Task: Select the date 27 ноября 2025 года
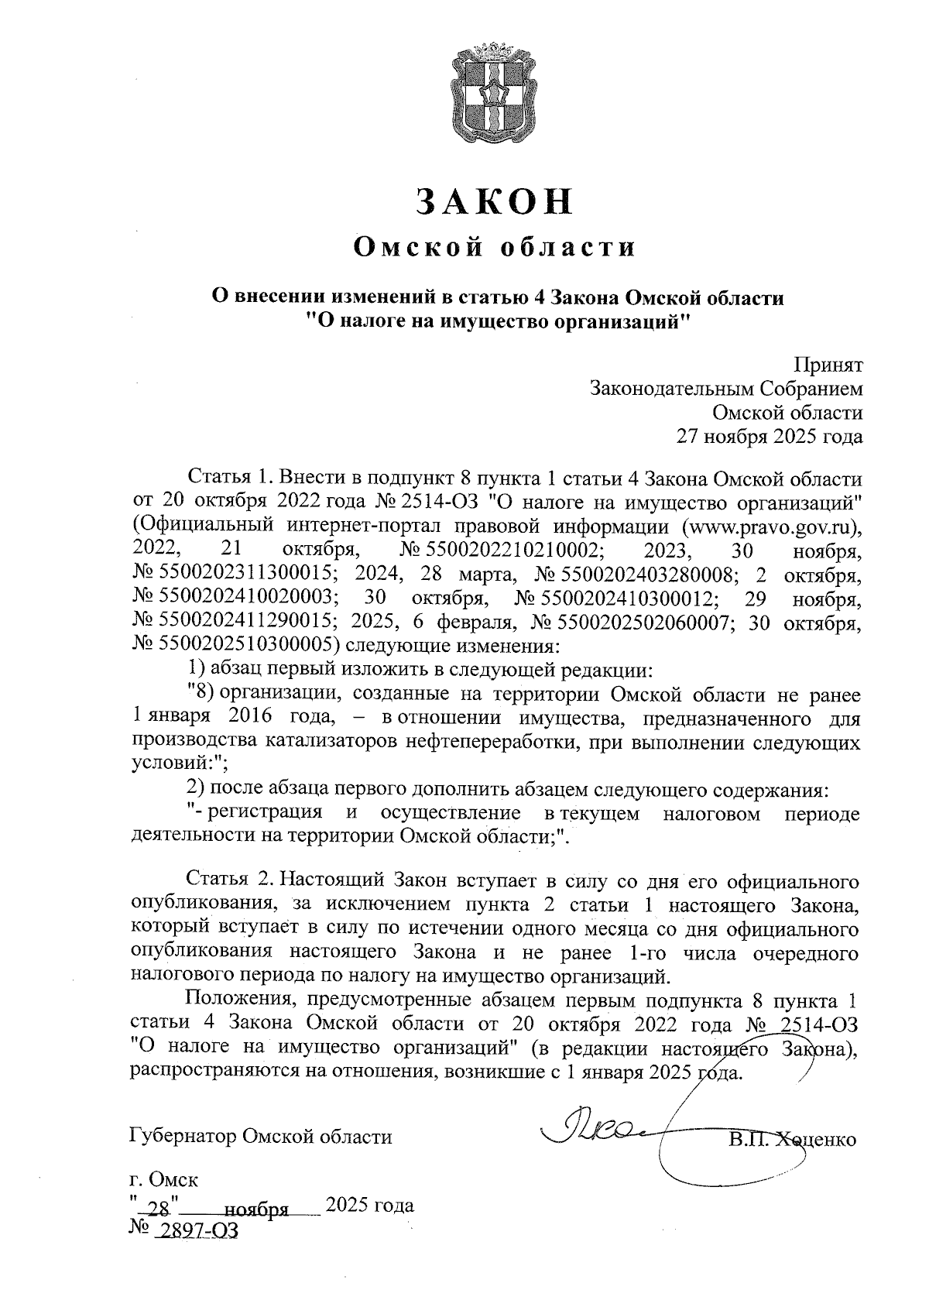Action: click(x=770, y=437)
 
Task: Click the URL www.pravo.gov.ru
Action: click(x=770, y=527)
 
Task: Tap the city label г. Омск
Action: click(x=163, y=1181)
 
